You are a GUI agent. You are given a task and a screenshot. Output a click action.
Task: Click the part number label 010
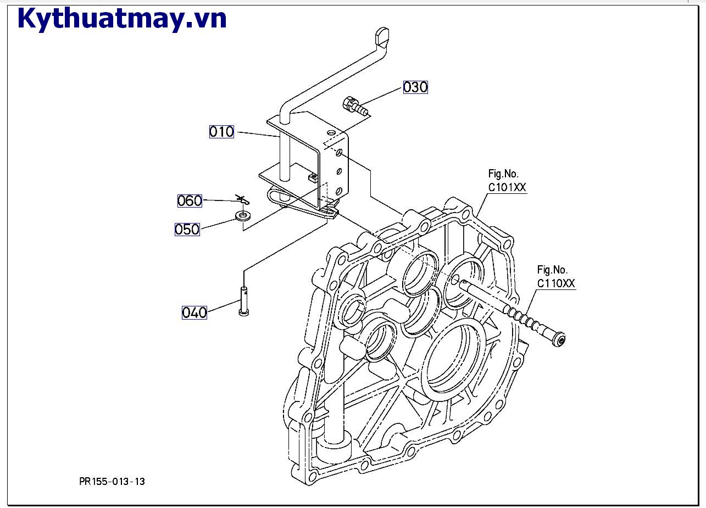pos(221,132)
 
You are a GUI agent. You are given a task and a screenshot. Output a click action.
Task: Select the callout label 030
pos(415,87)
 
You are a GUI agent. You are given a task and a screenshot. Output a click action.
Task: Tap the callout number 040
pos(194,312)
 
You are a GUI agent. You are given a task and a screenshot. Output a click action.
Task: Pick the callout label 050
pos(187,229)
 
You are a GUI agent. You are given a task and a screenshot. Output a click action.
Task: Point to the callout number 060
pos(190,200)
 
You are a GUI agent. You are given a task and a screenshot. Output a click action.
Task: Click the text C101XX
pos(507,187)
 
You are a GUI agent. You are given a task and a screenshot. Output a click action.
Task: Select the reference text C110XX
pos(555,283)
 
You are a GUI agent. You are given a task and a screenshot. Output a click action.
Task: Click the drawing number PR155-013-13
pos(112,482)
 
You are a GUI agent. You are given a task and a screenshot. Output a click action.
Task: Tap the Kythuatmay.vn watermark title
pos(122,19)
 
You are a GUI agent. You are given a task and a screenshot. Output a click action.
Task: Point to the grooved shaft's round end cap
pos(560,340)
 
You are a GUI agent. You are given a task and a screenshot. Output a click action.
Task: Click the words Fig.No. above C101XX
pos(503,174)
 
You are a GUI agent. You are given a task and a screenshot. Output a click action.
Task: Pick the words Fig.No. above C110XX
pos(552,270)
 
